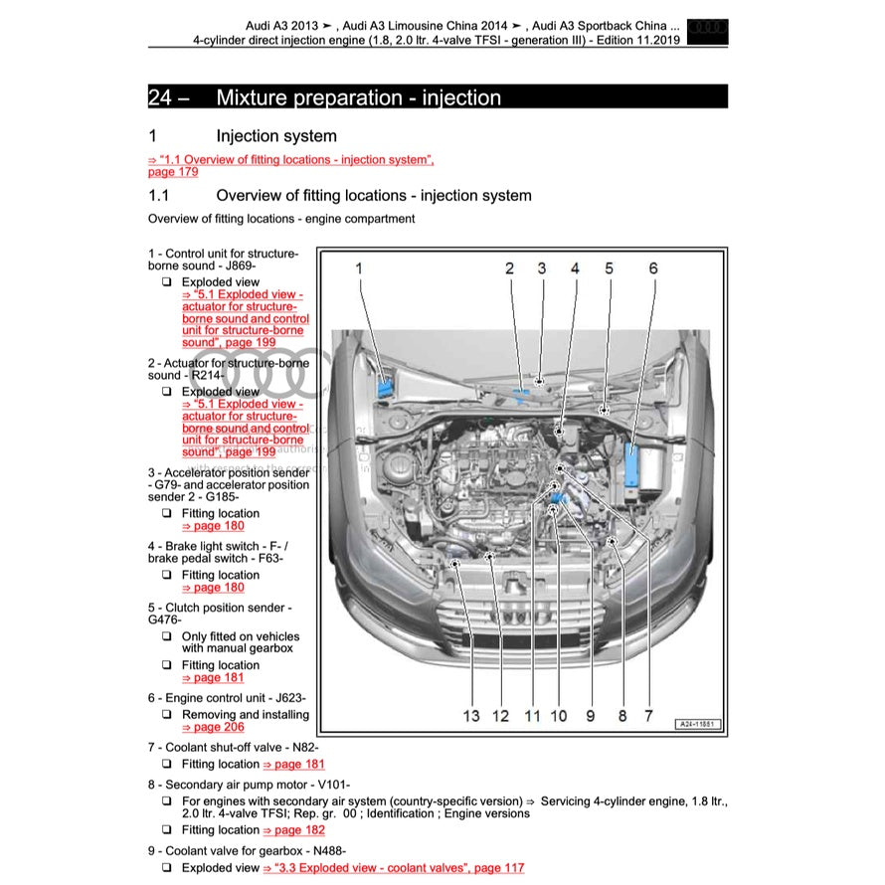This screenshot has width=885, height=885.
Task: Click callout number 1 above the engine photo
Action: (x=359, y=267)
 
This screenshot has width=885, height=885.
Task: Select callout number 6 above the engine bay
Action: (x=652, y=267)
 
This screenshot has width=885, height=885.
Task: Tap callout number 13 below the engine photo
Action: (x=470, y=715)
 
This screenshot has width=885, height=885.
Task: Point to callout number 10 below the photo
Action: (x=558, y=715)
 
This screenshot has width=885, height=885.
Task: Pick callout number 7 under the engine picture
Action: (x=648, y=715)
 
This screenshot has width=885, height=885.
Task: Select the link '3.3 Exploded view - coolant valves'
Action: (x=393, y=868)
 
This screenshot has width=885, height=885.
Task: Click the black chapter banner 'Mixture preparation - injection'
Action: (x=438, y=96)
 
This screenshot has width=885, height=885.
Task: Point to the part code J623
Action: (x=288, y=698)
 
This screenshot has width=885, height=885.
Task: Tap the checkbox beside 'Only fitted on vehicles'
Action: (x=167, y=636)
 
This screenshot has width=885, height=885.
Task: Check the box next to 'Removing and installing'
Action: (x=167, y=715)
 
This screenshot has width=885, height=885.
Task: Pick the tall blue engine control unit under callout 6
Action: (x=632, y=466)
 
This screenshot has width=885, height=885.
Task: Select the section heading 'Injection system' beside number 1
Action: (x=275, y=136)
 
